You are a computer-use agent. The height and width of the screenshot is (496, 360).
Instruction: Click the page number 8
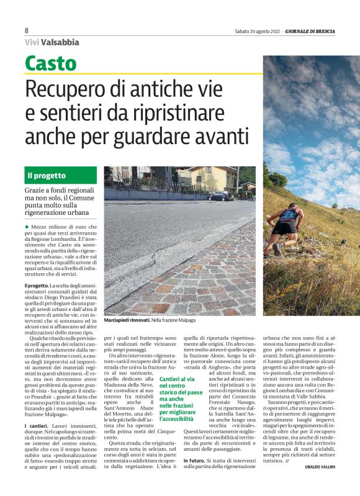click(x=27, y=30)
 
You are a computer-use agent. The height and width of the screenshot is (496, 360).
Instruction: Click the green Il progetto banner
click(x=61, y=175)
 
